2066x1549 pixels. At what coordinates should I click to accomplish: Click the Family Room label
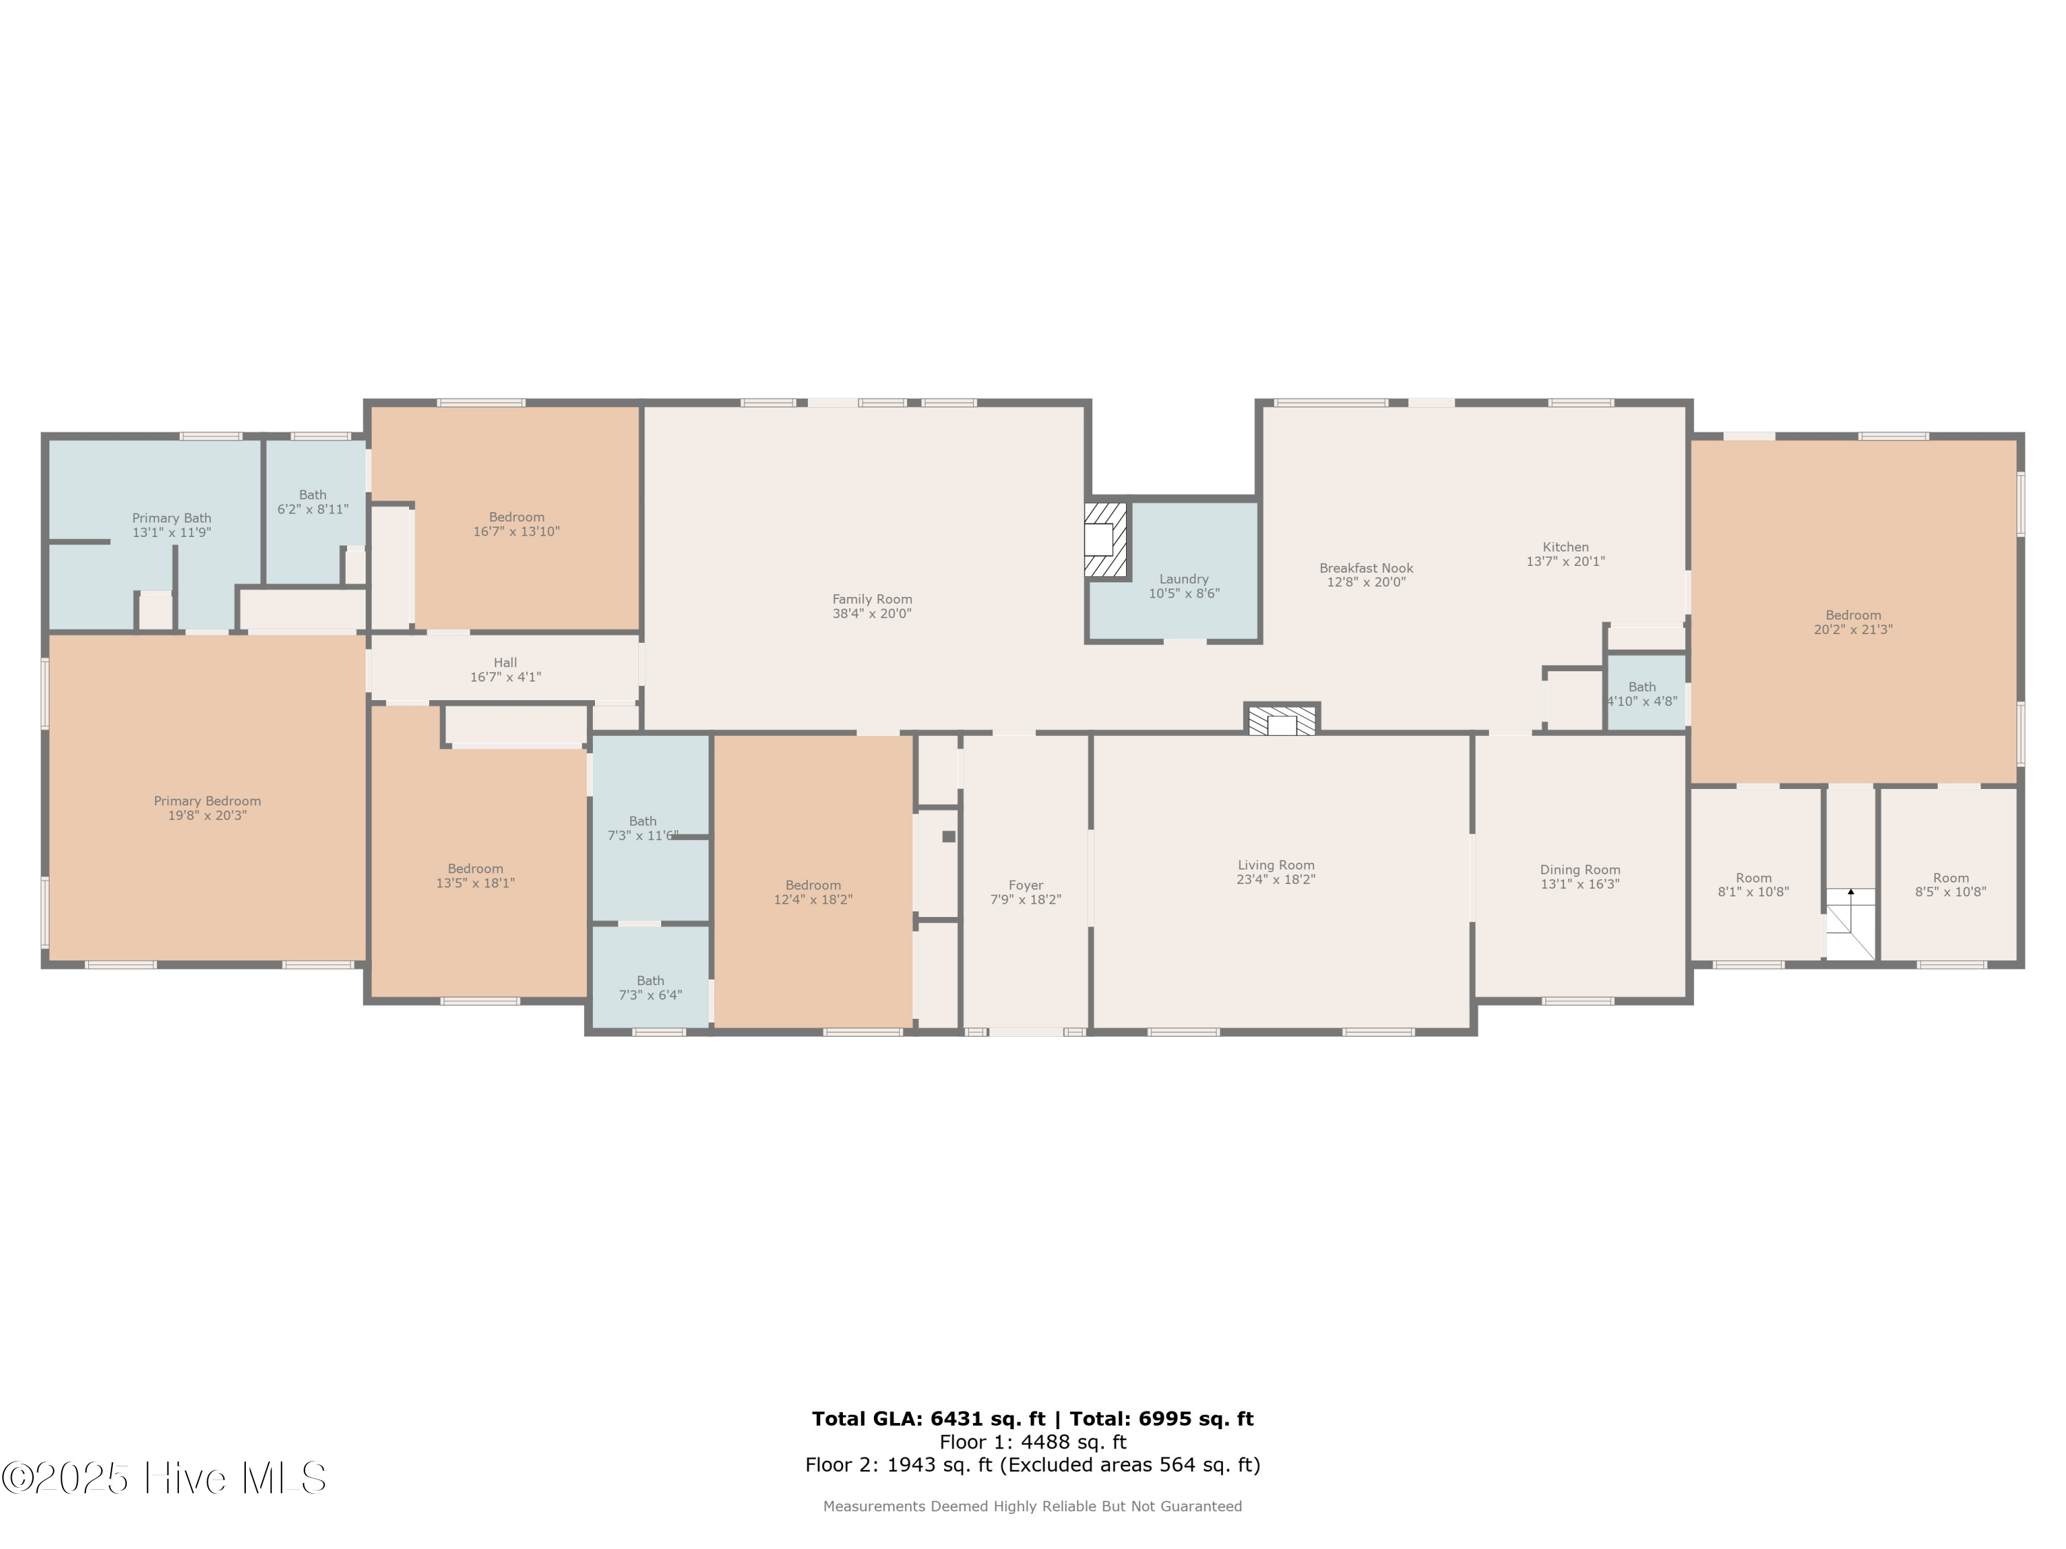pos(871,600)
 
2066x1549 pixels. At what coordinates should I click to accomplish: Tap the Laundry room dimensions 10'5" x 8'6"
pos(1183,594)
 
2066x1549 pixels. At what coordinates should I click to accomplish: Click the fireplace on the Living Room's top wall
pos(1282,720)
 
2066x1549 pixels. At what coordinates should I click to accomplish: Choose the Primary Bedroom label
pos(207,801)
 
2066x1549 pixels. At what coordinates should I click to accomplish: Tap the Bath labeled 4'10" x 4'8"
pos(1642,694)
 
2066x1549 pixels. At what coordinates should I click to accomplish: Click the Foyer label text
pos(1025,885)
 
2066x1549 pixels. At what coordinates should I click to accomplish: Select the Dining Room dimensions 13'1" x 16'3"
pos(1579,884)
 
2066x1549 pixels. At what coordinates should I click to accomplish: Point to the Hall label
pos(505,663)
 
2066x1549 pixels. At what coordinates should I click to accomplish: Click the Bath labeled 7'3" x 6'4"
pos(650,988)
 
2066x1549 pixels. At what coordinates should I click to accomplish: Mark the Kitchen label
pos(1565,547)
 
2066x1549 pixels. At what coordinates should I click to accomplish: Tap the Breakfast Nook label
pos(1366,568)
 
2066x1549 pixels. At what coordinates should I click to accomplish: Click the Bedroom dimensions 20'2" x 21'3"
pos(1853,630)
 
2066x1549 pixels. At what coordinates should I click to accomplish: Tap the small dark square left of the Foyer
pos(949,836)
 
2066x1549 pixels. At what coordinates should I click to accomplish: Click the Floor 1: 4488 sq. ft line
pos(1032,1442)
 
